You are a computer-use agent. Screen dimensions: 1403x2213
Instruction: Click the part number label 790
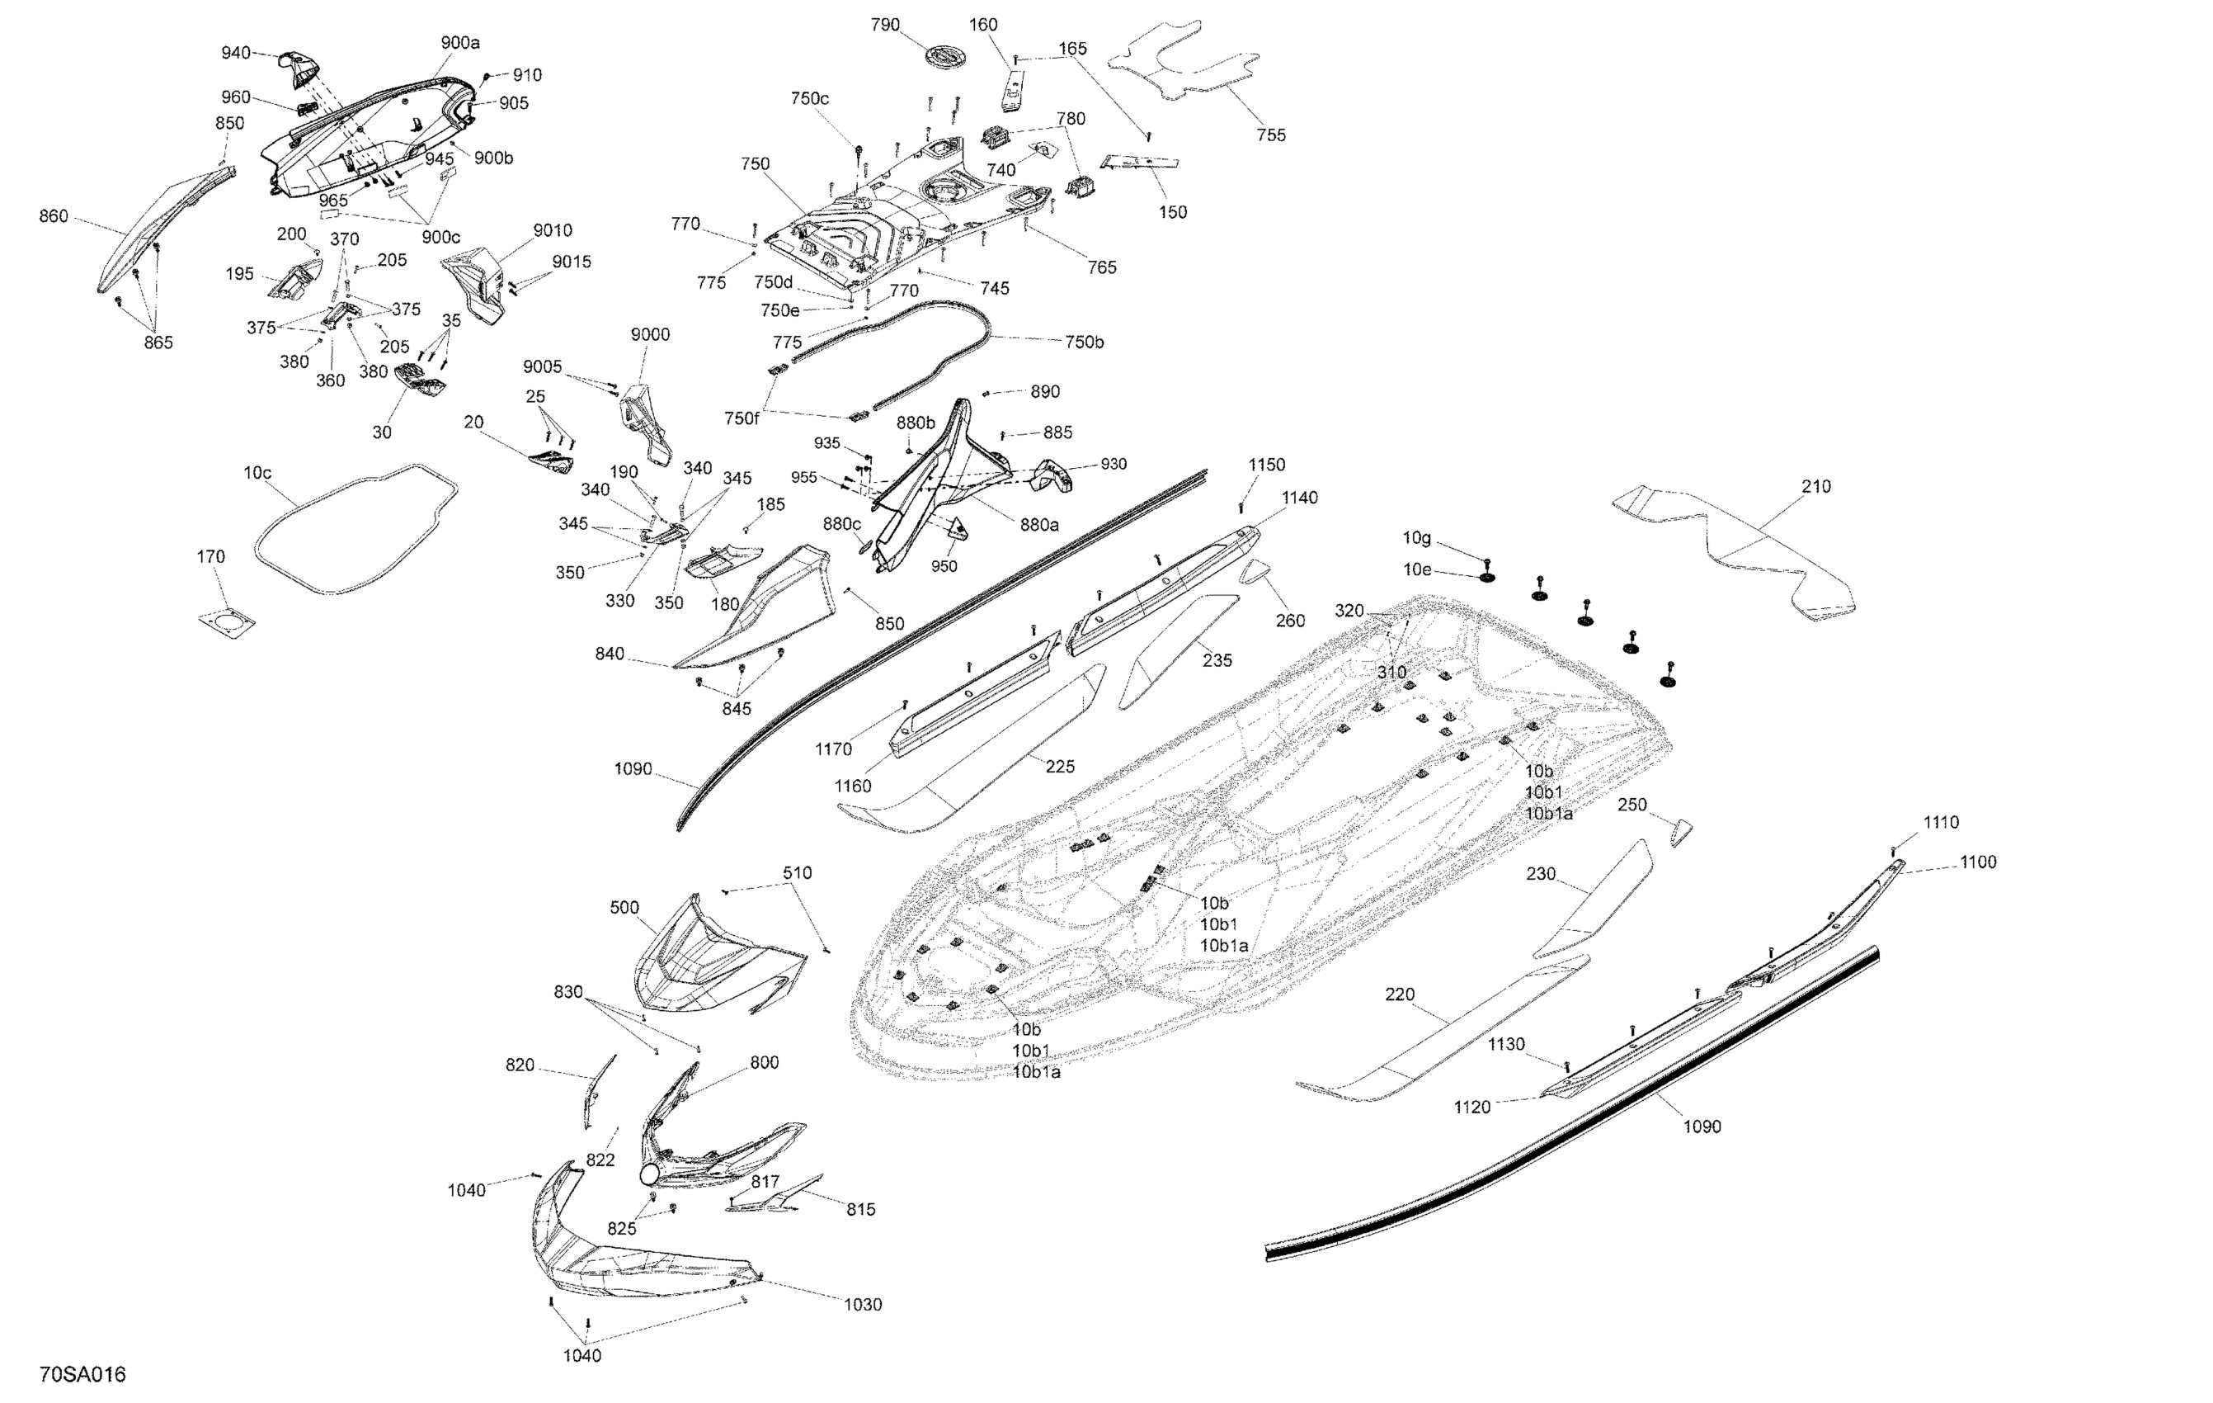885,25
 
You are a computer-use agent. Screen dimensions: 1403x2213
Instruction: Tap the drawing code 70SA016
82,1374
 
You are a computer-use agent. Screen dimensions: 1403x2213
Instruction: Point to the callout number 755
1271,135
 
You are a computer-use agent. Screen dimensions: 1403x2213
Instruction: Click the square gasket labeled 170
227,621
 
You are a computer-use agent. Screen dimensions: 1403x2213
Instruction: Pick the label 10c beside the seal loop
257,473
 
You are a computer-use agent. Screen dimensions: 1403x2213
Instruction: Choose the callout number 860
54,216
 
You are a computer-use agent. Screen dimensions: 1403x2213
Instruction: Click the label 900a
460,42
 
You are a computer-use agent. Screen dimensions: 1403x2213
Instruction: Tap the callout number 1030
862,1305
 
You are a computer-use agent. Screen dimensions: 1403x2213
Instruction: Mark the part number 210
1816,486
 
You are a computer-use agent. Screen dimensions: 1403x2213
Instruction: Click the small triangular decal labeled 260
1255,573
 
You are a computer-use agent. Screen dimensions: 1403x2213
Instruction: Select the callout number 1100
1978,862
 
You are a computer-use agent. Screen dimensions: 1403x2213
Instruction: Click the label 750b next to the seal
1085,342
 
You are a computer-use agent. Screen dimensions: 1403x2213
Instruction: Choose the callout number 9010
553,230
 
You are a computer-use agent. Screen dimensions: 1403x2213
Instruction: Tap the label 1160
853,786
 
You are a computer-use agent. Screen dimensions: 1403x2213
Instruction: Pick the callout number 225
1060,766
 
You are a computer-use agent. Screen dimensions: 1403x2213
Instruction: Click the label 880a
1039,524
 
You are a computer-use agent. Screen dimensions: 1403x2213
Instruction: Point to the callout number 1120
1471,1107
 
